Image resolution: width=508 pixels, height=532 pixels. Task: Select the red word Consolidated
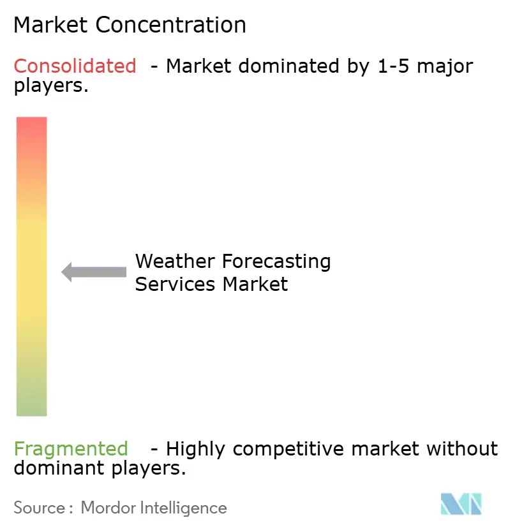pyautogui.click(x=75, y=66)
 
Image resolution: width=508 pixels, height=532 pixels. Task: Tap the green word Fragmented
pyautogui.click(x=71, y=449)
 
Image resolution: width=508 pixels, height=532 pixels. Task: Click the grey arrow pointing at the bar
pyautogui.click(x=94, y=272)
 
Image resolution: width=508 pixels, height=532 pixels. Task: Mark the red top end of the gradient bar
pyautogui.click(x=32, y=124)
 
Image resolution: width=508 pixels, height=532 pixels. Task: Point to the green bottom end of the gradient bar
pyautogui.click(x=32, y=408)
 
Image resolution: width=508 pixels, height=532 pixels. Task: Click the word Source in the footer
pyautogui.click(x=40, y=508)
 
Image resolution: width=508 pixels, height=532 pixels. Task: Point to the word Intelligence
pyautogui.click(x=185, y=508)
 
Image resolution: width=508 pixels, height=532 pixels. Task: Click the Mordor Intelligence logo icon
pyautogui.click(x=461, y=504)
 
